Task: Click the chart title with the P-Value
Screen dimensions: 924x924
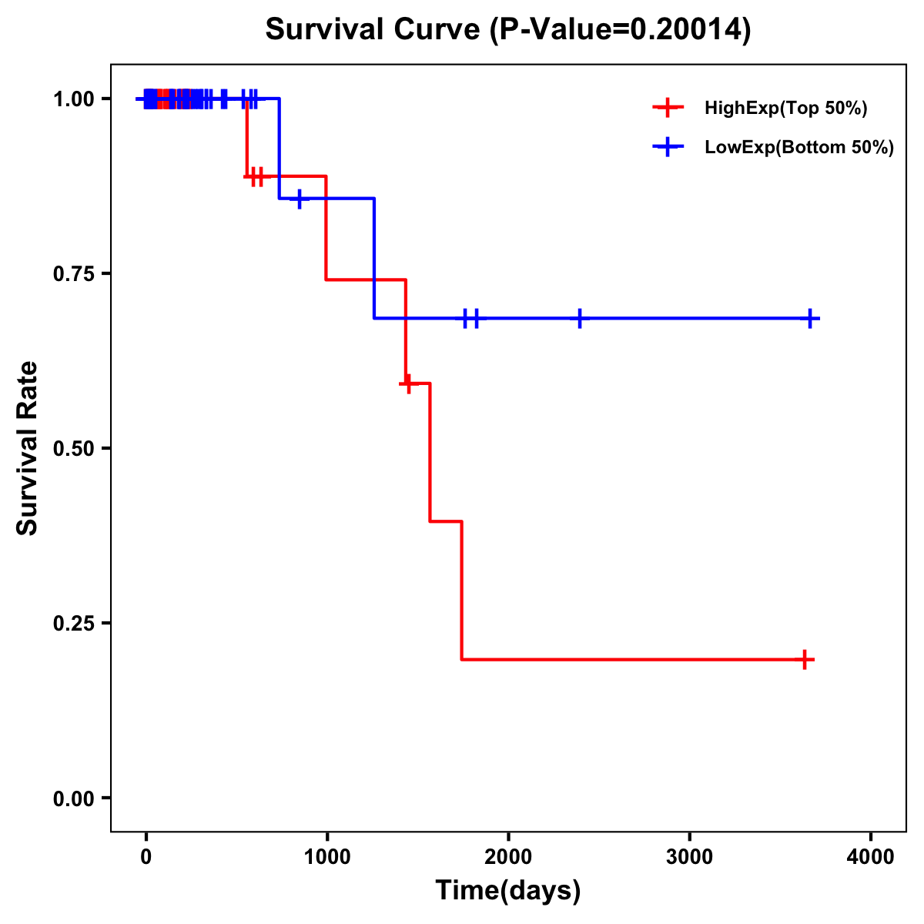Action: click(x=507, y=30)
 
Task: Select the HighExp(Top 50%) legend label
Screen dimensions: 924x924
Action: click(x=785, y=109)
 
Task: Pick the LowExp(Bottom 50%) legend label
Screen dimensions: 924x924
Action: click(x=799, y=148)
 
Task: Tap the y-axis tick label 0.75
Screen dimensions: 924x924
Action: click(x=72, y=273)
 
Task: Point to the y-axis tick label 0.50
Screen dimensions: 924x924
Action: click(x=72, y=448)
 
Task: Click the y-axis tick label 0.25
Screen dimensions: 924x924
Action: click(x=72, y=623)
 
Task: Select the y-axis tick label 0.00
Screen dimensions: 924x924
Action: click(x=72, y=798)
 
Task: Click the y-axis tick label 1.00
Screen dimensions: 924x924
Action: click(x=72, y=99)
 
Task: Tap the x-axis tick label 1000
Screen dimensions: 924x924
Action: click(x=326, y=857)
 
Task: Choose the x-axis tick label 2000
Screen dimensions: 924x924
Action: click(x=508, y=857)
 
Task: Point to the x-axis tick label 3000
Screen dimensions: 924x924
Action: click(x=689, y=857)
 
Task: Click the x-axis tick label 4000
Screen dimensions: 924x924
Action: click(x=871, y=857)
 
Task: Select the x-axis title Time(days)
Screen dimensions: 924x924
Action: click(x=508, y=891)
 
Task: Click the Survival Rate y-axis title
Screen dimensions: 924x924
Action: click(x=28, y=448)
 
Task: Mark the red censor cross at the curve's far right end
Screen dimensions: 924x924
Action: click(x=804, y=660)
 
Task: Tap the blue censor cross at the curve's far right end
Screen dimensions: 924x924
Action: click(x=810, y=318)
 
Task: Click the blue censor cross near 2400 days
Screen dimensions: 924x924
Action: click(x=579, y=318)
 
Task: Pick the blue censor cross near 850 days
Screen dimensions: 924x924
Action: click(x=300, y=199)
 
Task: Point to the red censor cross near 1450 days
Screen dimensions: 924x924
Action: click(x=408, y=383)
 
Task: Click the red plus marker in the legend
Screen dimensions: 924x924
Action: click(x=668, y=109)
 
